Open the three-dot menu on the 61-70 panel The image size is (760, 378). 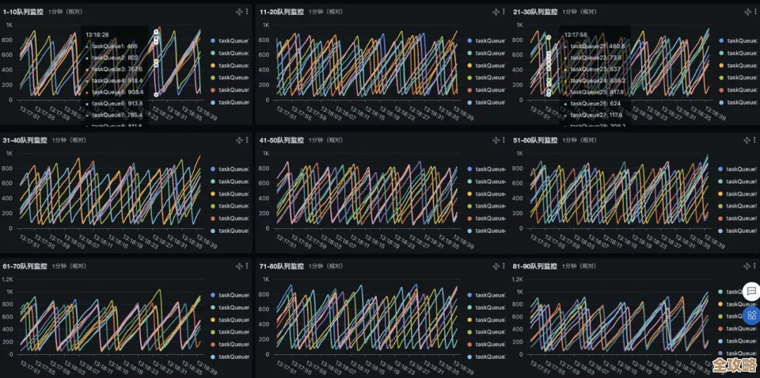[246, 267]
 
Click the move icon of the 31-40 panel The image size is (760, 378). [239, 140]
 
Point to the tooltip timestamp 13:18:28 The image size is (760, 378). [97, 34]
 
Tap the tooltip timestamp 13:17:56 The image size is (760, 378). [576, 34]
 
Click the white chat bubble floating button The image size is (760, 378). [752, 291]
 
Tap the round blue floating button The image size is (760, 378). [752, 315]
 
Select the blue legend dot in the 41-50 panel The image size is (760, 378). [469, 169]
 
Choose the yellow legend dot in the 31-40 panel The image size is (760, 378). [213, 194]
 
